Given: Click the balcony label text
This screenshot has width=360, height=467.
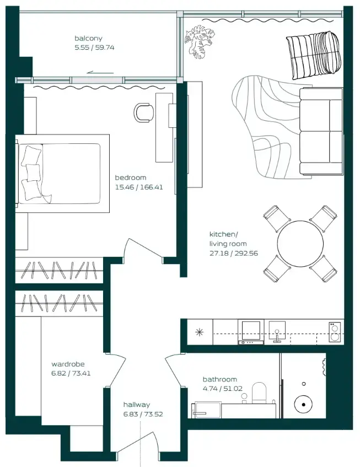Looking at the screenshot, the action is coord(88,38).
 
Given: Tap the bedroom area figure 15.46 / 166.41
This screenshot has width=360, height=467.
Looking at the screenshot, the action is coord(139,187).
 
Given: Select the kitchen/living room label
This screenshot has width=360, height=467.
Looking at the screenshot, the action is coord(228,239).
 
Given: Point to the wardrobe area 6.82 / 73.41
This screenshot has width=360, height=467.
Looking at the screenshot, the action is coord(71,373).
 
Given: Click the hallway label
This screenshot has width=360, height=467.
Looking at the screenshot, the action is coord(137,405).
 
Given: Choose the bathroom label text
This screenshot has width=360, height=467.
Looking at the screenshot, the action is coord(220,379).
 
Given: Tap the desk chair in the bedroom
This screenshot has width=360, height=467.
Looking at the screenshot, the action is coord(144,112).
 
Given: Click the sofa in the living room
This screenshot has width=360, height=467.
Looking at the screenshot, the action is coord(321,131).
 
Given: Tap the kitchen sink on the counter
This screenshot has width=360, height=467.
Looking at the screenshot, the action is coord(277,331).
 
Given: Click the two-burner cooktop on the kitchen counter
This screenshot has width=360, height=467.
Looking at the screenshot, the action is coord(335,332).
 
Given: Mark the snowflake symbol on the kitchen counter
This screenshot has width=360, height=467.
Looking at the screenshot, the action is coord(199,332).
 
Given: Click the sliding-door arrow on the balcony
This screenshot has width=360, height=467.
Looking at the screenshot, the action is coord(100,72).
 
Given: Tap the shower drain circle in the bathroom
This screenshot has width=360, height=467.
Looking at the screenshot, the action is coord(303,404).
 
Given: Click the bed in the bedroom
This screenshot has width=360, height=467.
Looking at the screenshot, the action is coord(62,174).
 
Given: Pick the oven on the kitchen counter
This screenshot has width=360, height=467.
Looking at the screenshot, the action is coord(251,332).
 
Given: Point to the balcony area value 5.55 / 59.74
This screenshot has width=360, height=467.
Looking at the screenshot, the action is coord(94,47).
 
